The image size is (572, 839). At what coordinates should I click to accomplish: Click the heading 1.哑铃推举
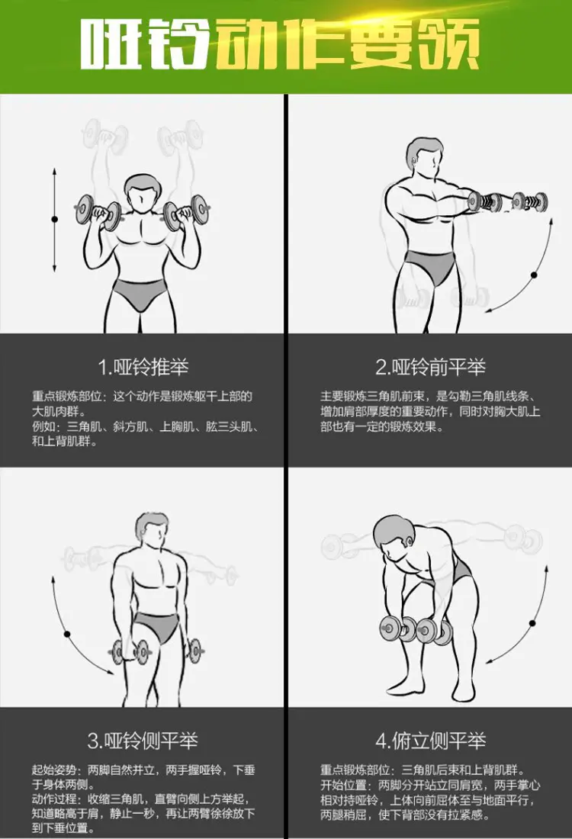coord(143,367)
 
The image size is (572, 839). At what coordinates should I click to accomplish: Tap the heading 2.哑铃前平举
coord(430,367)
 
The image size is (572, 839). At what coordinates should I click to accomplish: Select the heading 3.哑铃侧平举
coord(143,740)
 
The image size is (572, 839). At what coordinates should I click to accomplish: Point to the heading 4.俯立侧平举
coord(430,740)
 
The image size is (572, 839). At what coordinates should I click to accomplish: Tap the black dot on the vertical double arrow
coord(54,220)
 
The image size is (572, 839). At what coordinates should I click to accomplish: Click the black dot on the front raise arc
coord(533,274)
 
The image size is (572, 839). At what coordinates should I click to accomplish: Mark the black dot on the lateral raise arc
coord(66,634)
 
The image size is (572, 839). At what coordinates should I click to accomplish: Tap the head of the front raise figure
coord(424,158)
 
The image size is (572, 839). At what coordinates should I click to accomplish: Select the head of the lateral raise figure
coord(153,531)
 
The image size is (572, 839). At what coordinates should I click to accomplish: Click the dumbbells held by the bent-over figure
coord(416,629)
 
